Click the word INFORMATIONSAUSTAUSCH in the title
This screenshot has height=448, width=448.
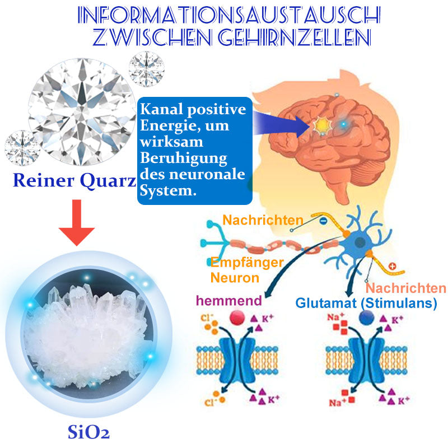[x=224, y=16]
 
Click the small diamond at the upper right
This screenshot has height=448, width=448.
[x=146, y=69]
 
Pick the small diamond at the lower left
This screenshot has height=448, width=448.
[x=22, y=147]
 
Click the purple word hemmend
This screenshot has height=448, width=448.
[x=228, y=301]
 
